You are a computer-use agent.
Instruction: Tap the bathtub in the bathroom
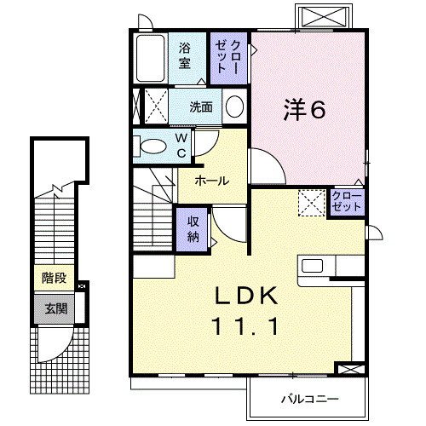click(150, 57)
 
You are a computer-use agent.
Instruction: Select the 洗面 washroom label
click(201, 107)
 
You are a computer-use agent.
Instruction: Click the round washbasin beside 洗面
click(234, 106)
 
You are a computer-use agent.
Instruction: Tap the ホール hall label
click(210, 181)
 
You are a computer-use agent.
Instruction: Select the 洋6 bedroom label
click(305, 109)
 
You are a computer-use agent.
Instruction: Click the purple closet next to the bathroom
click(228, 57)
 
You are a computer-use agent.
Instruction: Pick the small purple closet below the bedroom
click(346, 202)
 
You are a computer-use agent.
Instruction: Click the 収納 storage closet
click(193, 227)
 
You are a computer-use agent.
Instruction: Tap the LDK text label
click(246, 296)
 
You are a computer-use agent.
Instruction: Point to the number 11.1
click(245, 325)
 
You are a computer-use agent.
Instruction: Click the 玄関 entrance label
click(54, 308)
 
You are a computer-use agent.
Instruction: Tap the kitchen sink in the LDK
click(313, 265)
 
